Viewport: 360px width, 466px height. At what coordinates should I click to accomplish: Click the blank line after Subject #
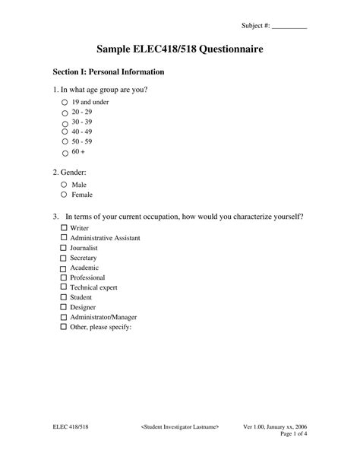tap(289, 26)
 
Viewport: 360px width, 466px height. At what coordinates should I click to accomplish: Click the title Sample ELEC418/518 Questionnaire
tap(179, 49)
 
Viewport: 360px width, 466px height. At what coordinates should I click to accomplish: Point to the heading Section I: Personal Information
tap(109, 72)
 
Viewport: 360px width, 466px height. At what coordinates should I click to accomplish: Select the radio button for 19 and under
tap(64, 101)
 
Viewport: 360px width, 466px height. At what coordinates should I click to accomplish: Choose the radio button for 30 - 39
tap(64, 122)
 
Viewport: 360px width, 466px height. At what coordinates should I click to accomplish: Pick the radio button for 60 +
tap(64, 151)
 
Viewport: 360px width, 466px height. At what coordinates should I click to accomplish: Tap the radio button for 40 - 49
tap(64, 132)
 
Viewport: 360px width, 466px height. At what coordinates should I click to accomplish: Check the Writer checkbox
tap(63, 228)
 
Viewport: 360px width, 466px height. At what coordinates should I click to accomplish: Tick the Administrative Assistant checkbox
tap(63, 238)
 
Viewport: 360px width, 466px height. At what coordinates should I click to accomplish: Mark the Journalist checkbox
tap(63, 248)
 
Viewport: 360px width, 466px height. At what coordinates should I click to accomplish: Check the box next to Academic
tap(63, 268)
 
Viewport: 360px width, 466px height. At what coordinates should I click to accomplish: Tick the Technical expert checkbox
tap(63, 288)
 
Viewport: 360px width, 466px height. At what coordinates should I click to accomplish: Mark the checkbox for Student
tap(63, 298)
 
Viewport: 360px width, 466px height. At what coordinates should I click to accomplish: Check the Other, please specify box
tap(63, 328)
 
